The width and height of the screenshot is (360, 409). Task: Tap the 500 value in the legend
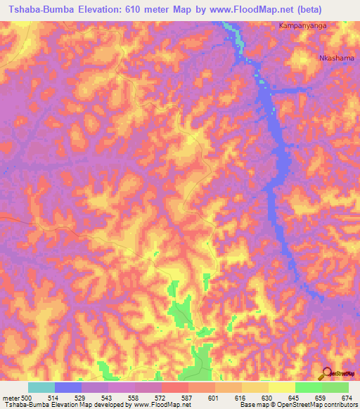pos(27,397)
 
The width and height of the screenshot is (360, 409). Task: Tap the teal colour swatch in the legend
pos(41,387)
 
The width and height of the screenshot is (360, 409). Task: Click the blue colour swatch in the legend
pos(68,387)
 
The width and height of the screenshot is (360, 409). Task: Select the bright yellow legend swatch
pos(282,387)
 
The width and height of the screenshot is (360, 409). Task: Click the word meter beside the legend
pos(11,397)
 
